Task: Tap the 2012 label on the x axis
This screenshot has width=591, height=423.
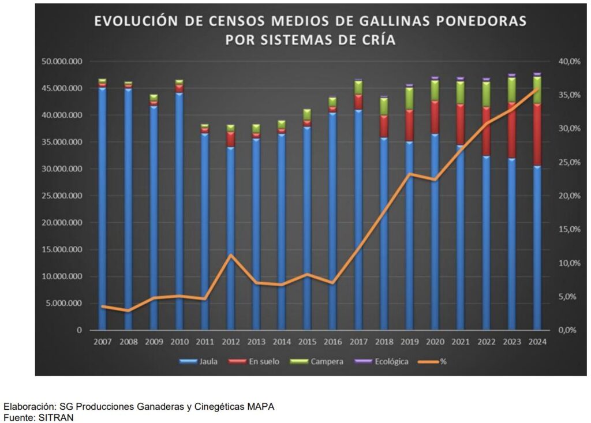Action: tap(230, 341)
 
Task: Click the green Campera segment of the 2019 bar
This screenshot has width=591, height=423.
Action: tap(409, 98)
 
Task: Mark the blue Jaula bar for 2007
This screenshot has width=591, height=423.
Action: tap(102, 208)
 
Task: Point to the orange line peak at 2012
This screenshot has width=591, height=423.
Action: tap(230, 254)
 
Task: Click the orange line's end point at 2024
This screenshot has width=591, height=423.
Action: tap(537, 89)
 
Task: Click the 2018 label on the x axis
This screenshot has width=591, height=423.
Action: tap(384, 341)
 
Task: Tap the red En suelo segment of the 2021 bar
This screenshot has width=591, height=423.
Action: tap(461, 124)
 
